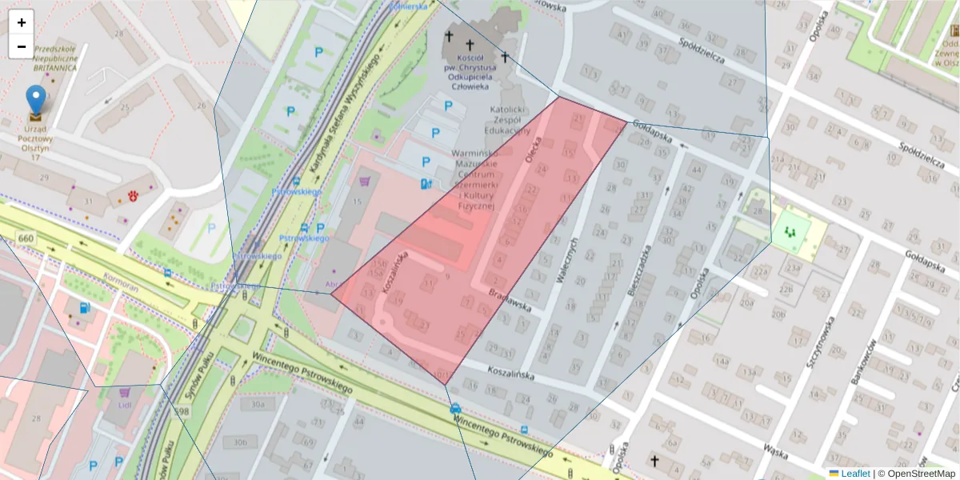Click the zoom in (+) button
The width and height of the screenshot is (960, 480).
tap(22, 22)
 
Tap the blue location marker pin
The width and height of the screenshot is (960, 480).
tap(36, 100)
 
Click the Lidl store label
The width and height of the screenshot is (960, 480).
tap(124, 406)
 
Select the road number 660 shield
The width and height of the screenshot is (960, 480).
tap(26, 238)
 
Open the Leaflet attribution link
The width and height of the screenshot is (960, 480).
tap(855, 474)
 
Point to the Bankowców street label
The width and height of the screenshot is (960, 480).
tap(863, 361)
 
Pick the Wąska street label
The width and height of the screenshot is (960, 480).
tap(776, 449)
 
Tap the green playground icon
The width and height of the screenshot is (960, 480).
tap(790, 232)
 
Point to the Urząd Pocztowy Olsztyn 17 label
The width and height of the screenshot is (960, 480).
tap(34, 142)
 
